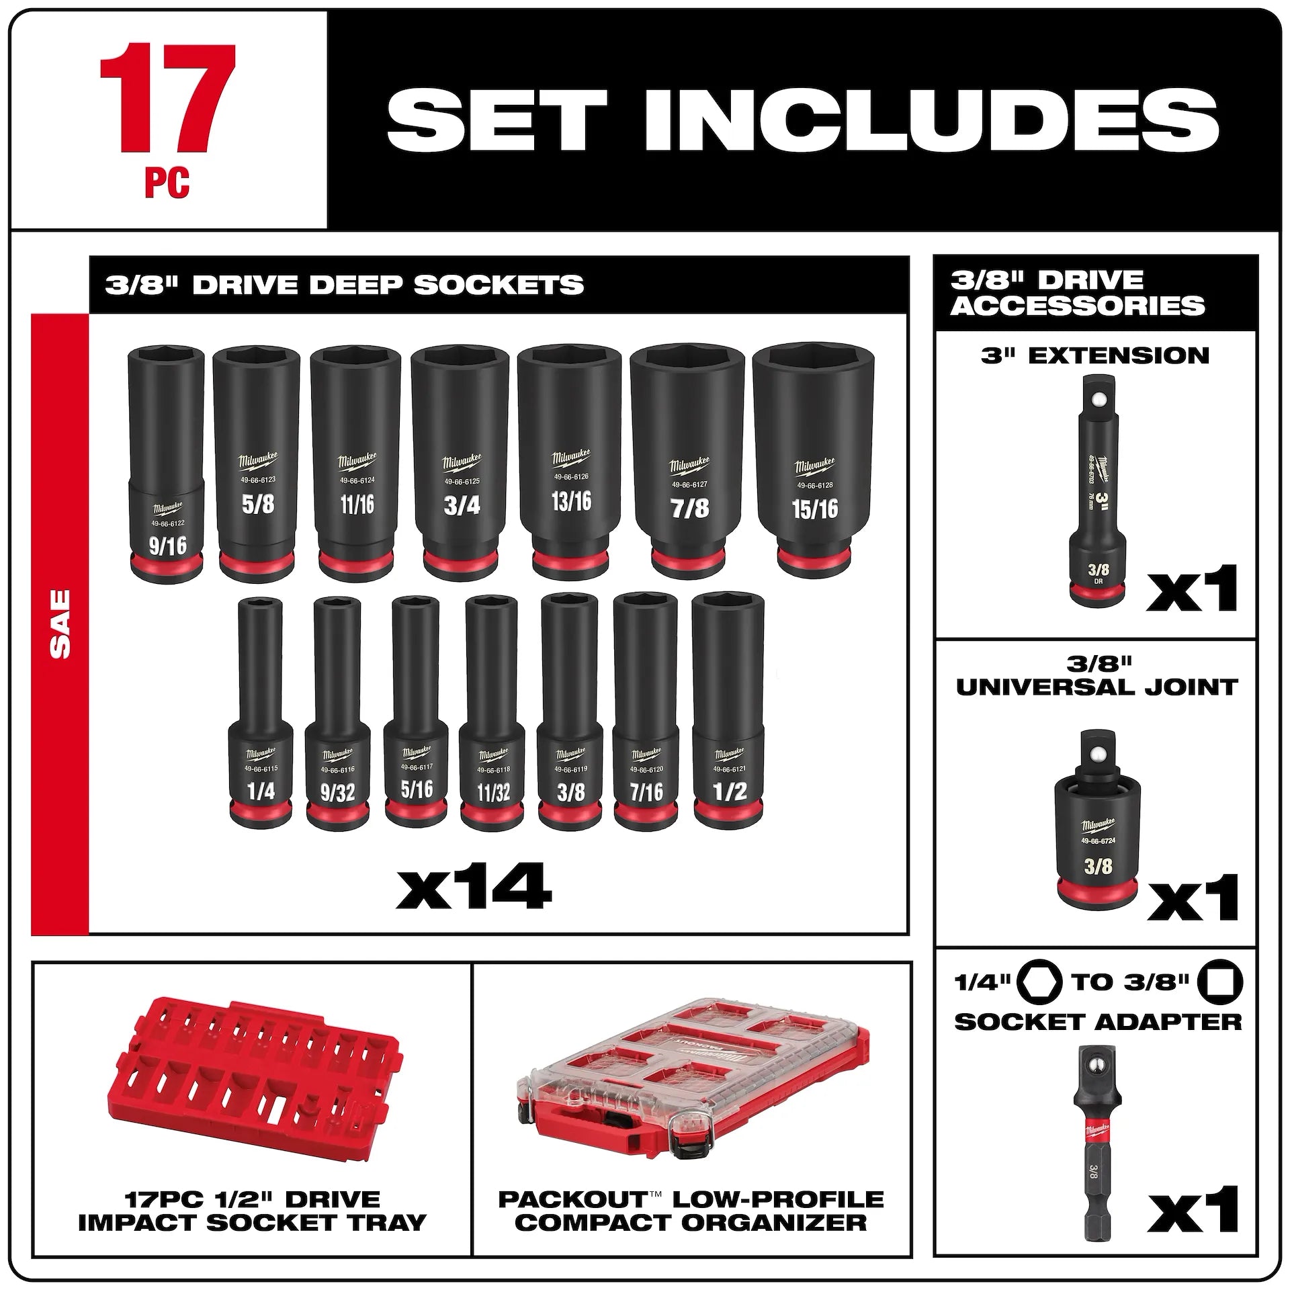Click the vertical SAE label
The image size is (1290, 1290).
59,623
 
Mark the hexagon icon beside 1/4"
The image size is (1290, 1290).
1039,982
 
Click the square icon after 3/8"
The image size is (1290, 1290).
1223,982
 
